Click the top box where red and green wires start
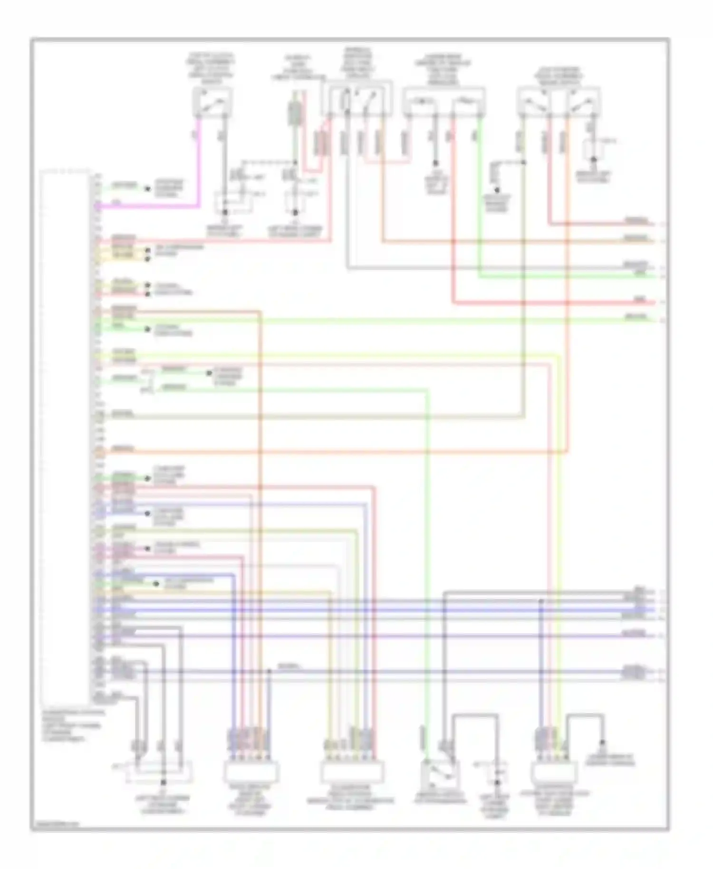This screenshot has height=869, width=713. pyautogui.click(x=443, y=101)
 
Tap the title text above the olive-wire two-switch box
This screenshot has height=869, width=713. pyautogui.click(x=558, y=76)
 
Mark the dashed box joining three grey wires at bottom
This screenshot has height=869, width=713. pyautogui.click(x=160, y=771)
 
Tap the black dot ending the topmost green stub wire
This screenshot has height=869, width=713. pyautogui.click(x=148, y=189)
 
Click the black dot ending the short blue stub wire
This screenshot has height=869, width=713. pyautogui.click(x=148, y=514)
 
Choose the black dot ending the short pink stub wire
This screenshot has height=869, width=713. pyautogui.click(x=148, y=549)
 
